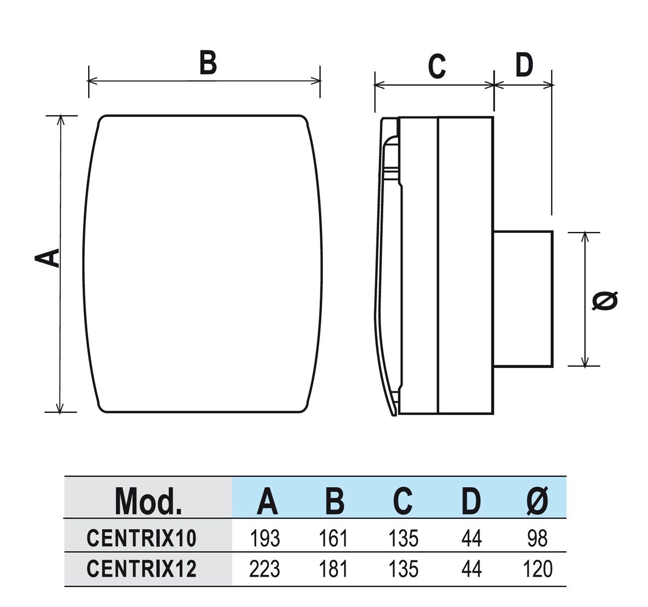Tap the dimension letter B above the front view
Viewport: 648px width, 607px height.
point(208,63)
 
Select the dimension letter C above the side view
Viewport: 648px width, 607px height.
point(437,67)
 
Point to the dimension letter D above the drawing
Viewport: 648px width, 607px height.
point(524,65)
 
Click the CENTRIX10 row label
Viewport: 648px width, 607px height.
point(142,538)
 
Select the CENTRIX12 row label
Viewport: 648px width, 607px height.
point(142,569)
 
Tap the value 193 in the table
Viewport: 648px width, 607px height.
point(265,538)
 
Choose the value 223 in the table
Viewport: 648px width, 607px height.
point(265,569)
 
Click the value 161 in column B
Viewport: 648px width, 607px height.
point(333,538)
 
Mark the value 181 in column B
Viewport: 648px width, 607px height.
point(333,569)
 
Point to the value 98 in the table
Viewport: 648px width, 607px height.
point(537,538)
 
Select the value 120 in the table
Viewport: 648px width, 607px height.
point(537,569)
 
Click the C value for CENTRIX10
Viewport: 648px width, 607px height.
point(403,538)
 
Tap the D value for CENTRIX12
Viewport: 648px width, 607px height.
point(471,569)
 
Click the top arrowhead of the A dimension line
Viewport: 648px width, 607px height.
point(61,120)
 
